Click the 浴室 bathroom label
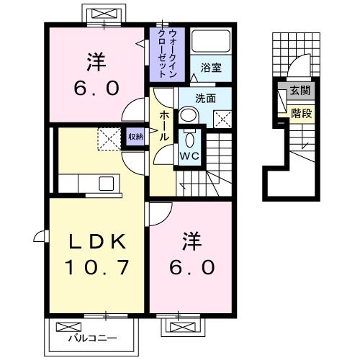[x=211, y=68]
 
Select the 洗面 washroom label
[x=206, y=98]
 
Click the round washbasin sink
[x=187, y=115]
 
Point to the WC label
[x=190, y=154]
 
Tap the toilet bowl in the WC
[x=190, y=138]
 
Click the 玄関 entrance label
[x=299, y=91]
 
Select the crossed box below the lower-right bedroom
[x=177, y=325]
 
